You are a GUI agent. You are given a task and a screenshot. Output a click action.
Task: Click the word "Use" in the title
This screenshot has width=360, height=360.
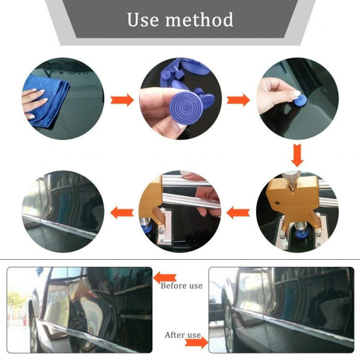click(x=143, y=20)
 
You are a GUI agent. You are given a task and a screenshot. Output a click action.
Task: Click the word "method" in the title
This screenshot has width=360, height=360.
click(x=199, y=20)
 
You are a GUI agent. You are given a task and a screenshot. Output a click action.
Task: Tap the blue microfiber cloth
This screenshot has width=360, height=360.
click(x=47, y=100)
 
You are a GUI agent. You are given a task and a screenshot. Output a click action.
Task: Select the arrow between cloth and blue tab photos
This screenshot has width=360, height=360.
click(x=122, y=100)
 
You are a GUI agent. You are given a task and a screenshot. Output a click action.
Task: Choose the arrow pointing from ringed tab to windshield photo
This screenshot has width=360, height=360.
click(x=238, y=100)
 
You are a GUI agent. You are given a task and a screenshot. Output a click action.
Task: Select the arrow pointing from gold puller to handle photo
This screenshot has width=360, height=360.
click(x=238, y=212)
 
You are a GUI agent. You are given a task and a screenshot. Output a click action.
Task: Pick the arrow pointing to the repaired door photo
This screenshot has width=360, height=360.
click(x=122, y=212)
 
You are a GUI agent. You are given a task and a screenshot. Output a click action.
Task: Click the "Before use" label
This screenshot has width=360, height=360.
click(x=181, y=286)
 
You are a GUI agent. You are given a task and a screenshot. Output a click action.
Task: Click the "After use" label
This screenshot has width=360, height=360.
click(x=182, y=335)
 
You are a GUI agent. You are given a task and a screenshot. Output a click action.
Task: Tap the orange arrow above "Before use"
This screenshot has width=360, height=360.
click(x=164, y=278)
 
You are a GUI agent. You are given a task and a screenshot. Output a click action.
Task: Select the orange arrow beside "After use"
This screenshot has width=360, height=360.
click(x=196, y=343)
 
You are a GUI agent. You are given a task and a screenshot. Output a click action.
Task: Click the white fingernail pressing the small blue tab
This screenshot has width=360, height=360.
click(x=296, y=94)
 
